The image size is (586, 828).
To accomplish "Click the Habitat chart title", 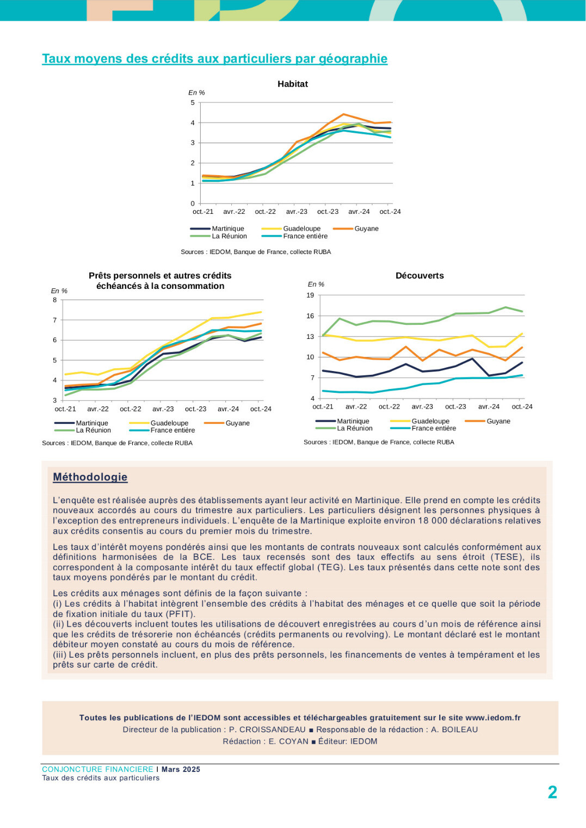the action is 292,84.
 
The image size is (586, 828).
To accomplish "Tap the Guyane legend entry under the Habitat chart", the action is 366,228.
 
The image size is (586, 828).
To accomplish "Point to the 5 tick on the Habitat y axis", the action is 193,102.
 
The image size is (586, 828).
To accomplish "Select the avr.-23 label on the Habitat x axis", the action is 297,212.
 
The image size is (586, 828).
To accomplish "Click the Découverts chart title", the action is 420,275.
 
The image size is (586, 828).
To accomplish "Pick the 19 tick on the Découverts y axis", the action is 310,295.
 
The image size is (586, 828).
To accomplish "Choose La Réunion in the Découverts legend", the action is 355,428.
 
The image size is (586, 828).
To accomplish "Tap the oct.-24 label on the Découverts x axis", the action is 522,406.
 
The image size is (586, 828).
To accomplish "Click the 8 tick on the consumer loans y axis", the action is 55,300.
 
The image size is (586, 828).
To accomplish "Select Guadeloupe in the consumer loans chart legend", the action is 169,423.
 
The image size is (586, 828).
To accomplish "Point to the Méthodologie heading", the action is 90,477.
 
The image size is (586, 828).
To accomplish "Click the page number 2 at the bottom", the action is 552,792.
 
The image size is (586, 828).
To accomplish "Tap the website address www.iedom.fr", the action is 493,718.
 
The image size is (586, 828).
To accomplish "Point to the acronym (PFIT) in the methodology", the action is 180,614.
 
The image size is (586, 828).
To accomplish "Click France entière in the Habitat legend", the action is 305,236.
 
